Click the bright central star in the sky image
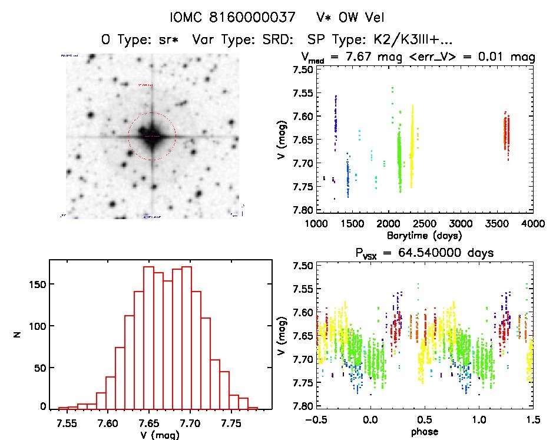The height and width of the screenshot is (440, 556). click(x=152, y=136)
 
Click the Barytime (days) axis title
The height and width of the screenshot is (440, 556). click(x=424, y=235)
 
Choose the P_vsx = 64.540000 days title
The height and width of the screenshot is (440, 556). click(x=424, y=253)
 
